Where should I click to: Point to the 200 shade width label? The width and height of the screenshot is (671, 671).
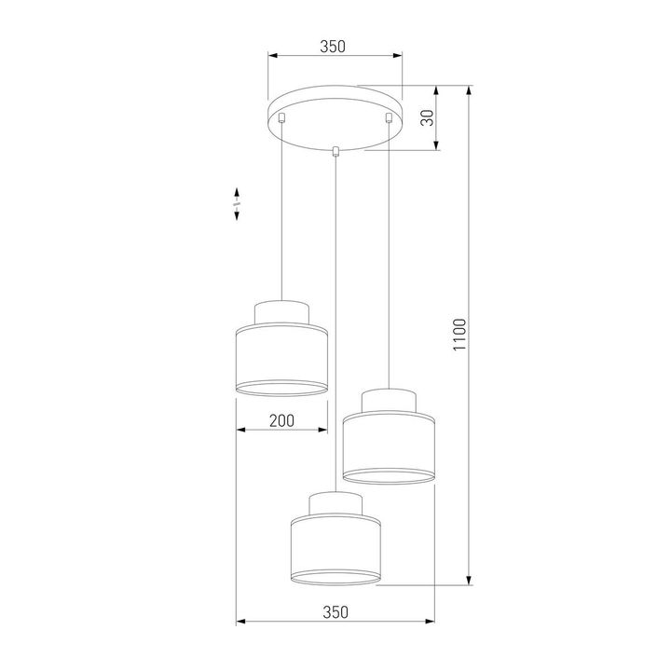[281, 421]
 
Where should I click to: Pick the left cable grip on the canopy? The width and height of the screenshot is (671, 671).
[282, 118]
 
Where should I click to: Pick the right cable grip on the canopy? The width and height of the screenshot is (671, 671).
[386, 118]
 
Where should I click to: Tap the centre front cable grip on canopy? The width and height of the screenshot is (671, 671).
[335, 151]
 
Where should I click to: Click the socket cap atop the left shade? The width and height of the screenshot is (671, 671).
[281, 312]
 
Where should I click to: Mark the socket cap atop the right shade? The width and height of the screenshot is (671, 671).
[387, 401]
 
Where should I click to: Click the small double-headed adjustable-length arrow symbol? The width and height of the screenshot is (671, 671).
[238, 204]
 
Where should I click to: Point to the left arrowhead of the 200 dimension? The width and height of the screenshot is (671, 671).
[240, 431]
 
